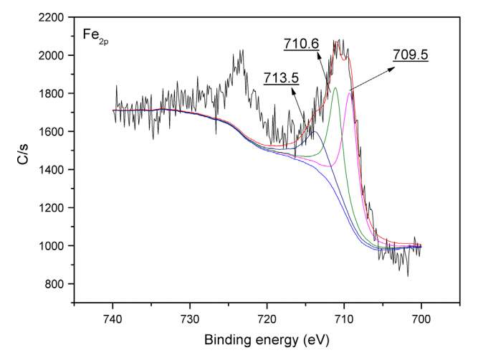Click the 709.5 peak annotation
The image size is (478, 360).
tap(411, 53)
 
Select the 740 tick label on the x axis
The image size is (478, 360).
tap(113, 316)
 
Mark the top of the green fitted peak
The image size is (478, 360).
tap(335, 87)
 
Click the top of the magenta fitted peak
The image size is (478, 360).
tap(349, 92)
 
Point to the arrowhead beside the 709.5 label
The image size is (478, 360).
tap(393, 68)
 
